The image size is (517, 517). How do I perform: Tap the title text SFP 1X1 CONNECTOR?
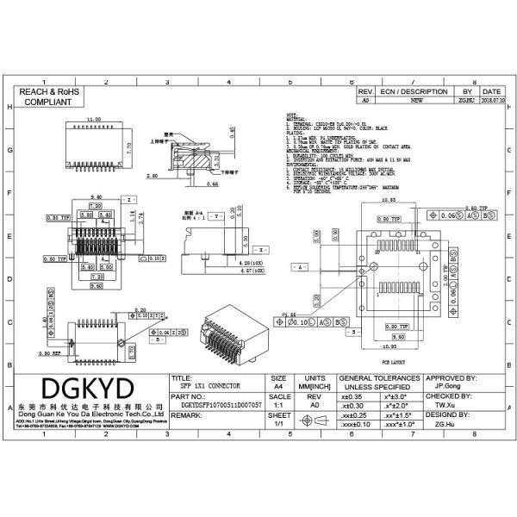click(207, 386)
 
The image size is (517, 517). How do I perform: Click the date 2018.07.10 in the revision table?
click(492, 101)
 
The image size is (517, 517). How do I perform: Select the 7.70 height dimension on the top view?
click(128, 146)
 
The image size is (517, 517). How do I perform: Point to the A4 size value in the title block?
click(278, 388)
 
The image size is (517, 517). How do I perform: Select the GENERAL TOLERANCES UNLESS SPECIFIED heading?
click(380, 382)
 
